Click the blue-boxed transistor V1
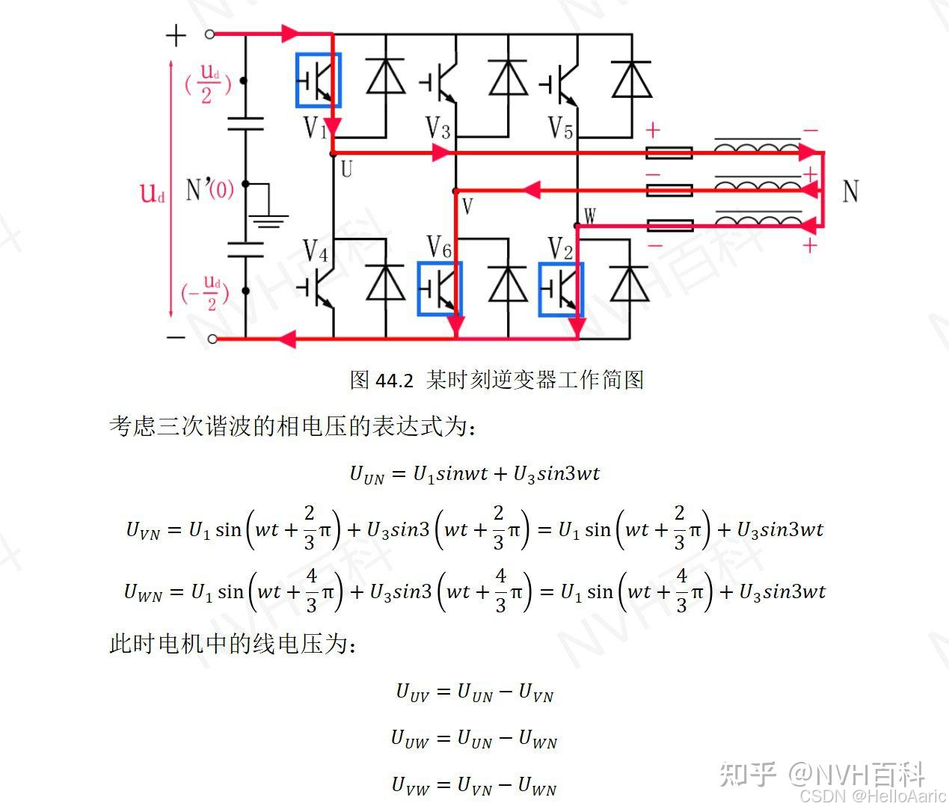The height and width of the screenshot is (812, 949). click(318, 80)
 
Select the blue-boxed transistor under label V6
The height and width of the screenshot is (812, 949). click(440, 289)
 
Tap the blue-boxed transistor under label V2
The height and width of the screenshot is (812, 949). click(561, 289)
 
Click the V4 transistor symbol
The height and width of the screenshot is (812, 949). click(319, 289)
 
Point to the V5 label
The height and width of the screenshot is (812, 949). click(560, 127)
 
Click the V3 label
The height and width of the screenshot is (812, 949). click(438, 128)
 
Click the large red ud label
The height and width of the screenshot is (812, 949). click(152, 193)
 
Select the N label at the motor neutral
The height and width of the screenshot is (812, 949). click(850, 191)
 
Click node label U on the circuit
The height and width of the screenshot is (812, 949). click(345, 168)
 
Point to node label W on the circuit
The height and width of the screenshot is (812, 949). click(589, 217)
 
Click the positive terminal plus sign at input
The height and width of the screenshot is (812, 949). click(176, 35)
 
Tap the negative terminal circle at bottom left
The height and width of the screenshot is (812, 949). click(212, 339)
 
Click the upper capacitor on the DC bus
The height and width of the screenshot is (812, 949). click(245, 123)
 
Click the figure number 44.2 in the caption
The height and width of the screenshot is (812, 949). click(393, 381)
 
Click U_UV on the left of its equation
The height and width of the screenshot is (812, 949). click(412, 692)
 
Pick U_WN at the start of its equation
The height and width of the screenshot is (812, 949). click(143, 593)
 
